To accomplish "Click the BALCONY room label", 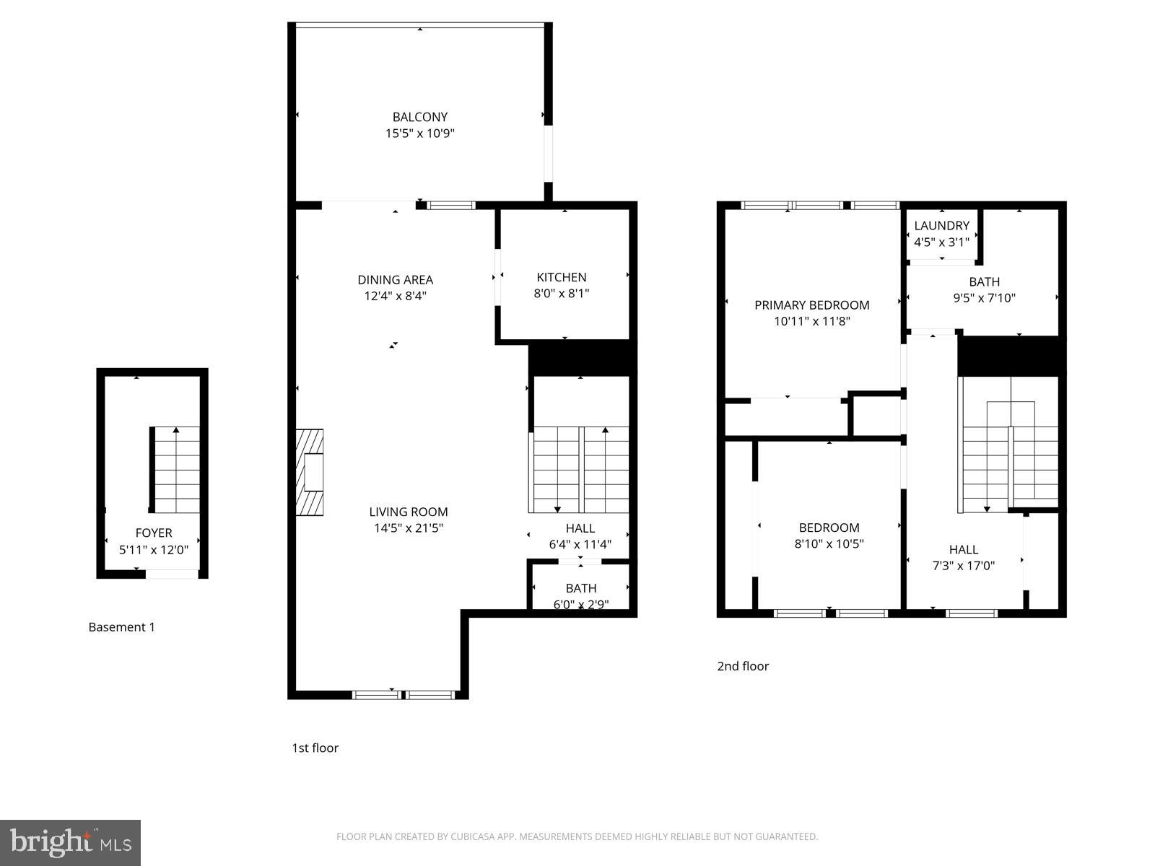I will click(x=419, y=117).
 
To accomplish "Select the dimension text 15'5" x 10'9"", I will click(x=419, y=134).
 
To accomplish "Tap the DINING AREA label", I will click(x=395, y=280).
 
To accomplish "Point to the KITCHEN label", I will click(x=561, y=277).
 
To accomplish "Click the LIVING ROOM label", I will click(x=408, y=512).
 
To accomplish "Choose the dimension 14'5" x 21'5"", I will click(x=408, y=528).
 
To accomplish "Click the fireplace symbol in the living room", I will click(x=310, y=473).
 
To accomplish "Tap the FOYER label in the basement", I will click(x=153, y=533).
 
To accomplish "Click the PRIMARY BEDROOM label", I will click(x=811, y=305).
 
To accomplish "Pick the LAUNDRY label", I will click(x=941, y=226).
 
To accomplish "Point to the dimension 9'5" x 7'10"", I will click(x=984, y=298).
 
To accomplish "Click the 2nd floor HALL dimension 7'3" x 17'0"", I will click(x=963, y=566).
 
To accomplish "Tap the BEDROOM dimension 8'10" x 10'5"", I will click(x=829, y=544).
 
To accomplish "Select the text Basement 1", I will click(x=121, y=627).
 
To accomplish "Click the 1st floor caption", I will click(x=315, y=748).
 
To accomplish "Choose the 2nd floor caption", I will click(x=742, y=666).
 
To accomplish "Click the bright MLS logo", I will click(x=70, y=843).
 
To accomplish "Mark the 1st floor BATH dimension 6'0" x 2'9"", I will click(x=580, y=605).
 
